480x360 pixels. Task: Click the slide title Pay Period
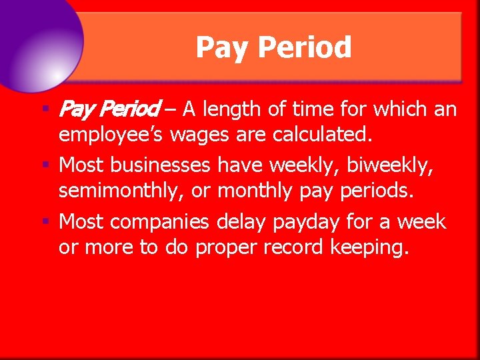pos(273,48)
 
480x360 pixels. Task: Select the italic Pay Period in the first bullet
pos(109,108)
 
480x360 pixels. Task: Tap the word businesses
pos(172,165)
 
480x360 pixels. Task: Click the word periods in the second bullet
pos(377,191)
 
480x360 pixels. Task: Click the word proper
pos(231,249)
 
